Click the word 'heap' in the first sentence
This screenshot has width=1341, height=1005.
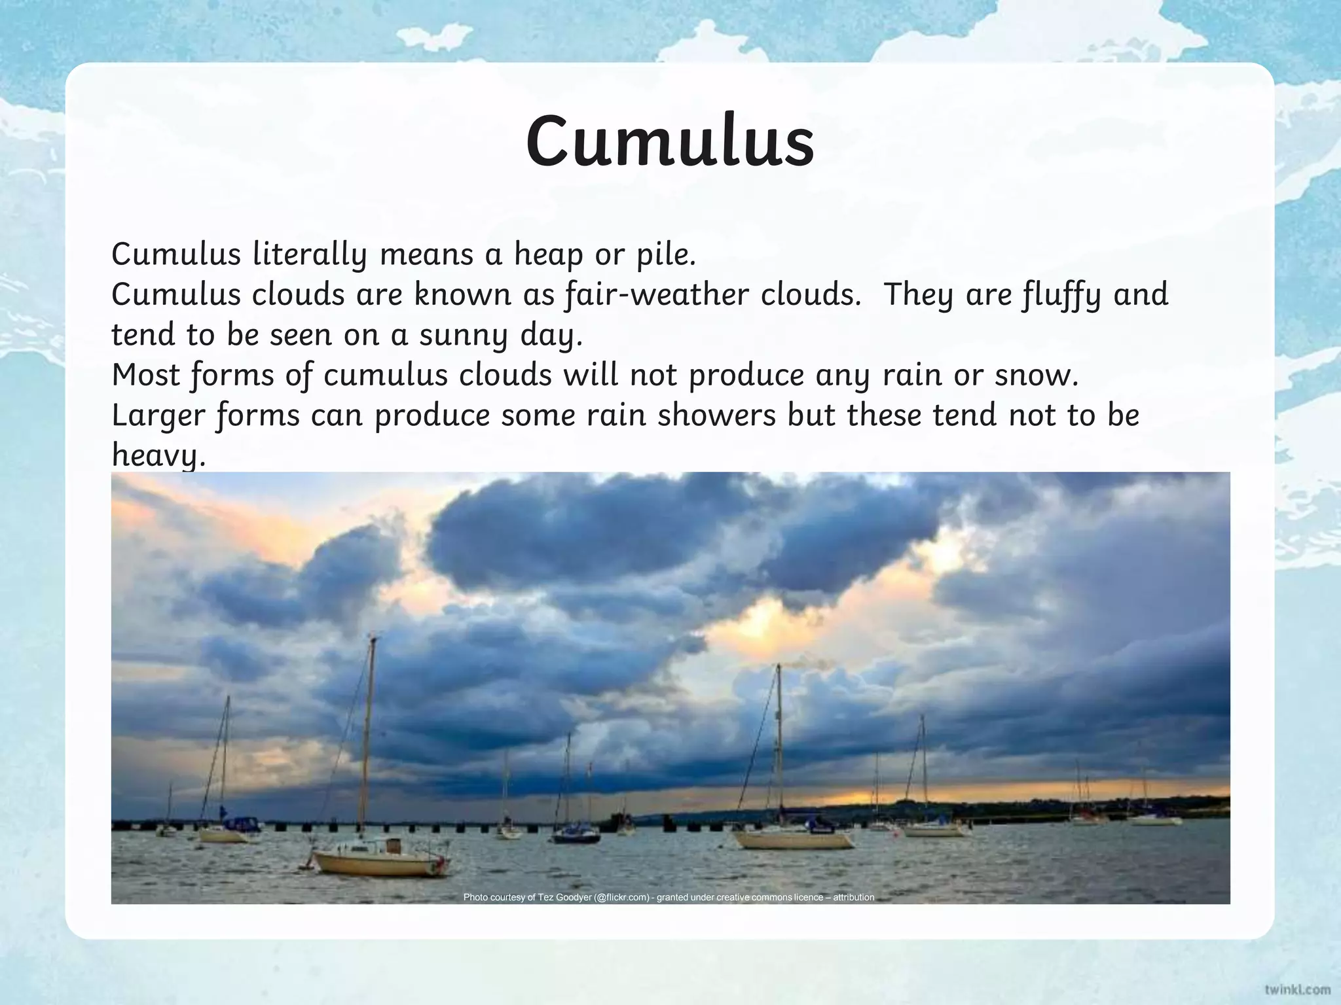click(548, 254)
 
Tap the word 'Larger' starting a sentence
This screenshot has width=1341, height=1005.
click(158, 416)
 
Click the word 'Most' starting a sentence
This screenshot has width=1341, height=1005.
click(145, 375)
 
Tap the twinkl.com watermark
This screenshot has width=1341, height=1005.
click(1296, 989)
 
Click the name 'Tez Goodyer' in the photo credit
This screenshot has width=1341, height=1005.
click(564, 897)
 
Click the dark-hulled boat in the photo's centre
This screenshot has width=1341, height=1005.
click(576, 836)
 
